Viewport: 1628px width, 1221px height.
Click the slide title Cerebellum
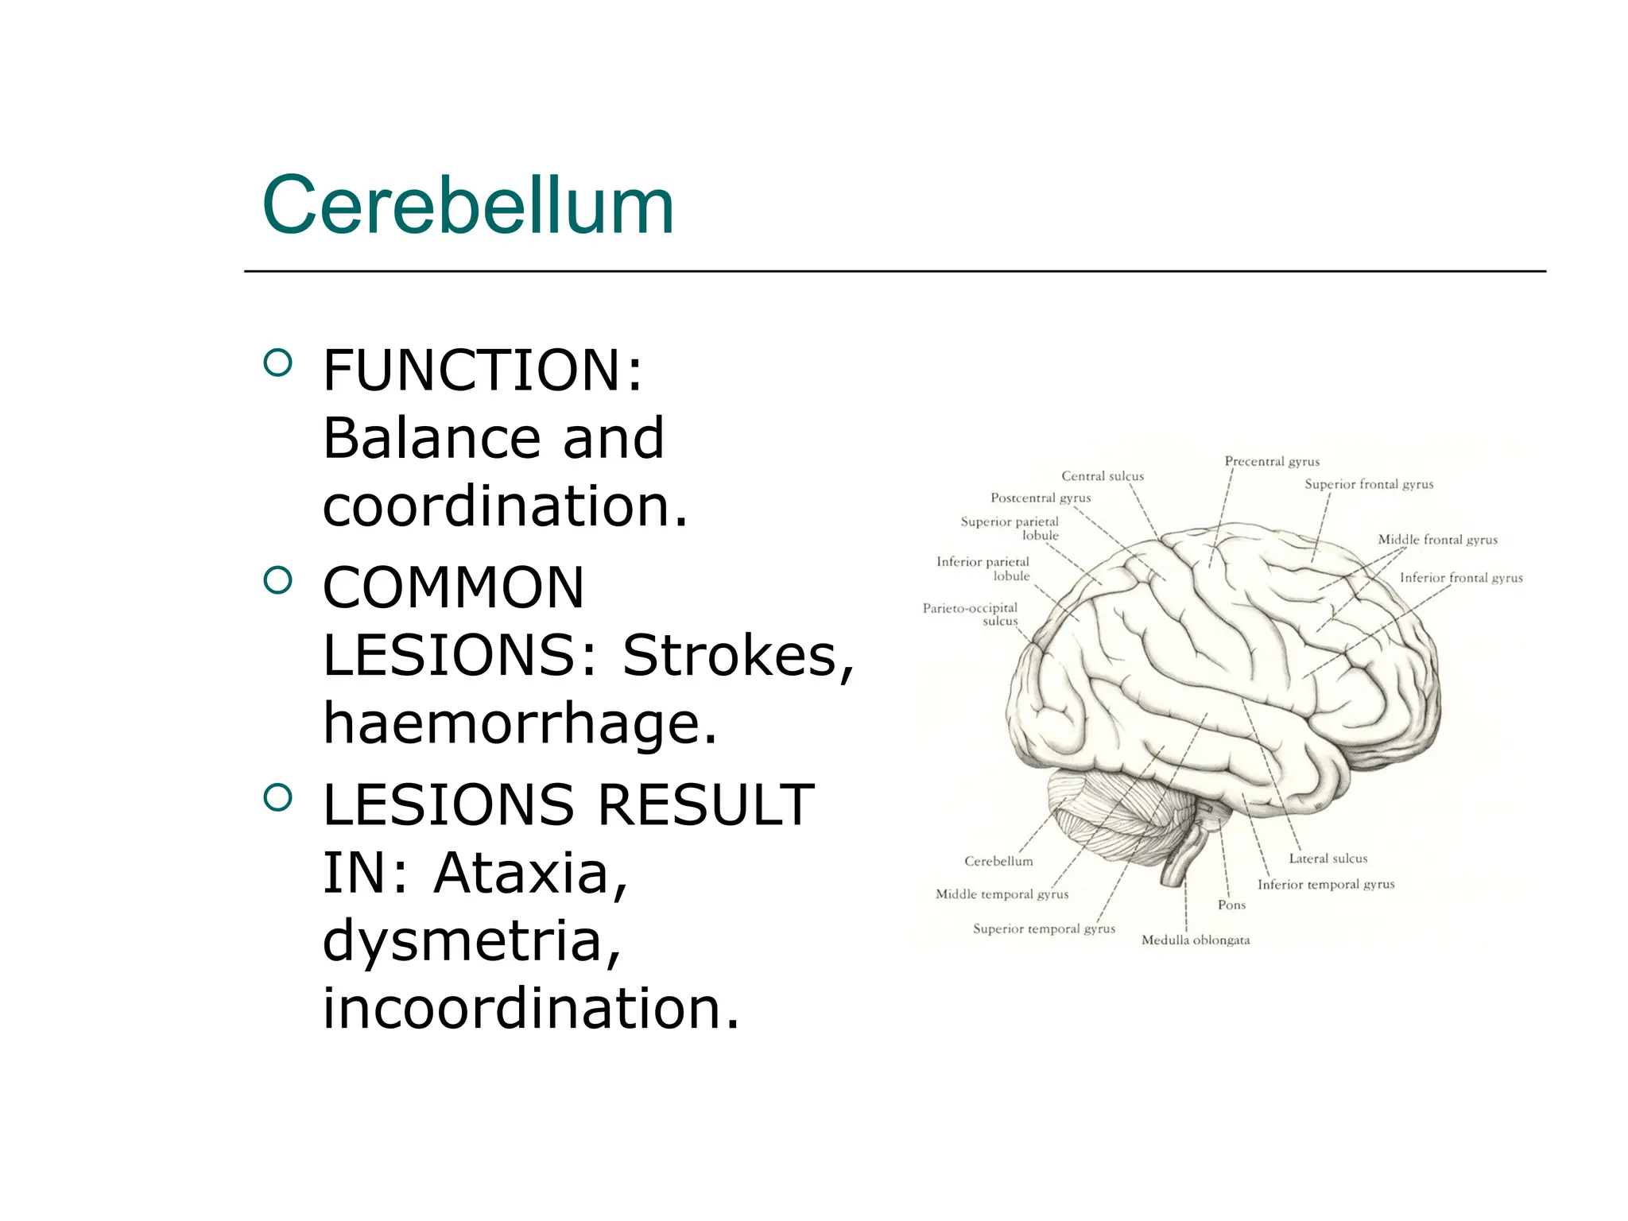(468, 206)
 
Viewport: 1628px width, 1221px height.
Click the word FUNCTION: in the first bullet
(483, 370)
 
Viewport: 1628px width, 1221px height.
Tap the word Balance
(430, 438)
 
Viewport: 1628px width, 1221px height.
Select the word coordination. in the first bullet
(505, 506)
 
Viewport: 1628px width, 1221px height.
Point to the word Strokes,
(738, 656)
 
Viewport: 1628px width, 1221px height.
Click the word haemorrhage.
(520, 723)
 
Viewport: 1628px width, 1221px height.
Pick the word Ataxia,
(531, 873)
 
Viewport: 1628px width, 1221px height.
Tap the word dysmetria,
(471, 940)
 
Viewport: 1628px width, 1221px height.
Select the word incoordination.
(531, 1008)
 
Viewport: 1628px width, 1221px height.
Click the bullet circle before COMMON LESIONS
(277, 581)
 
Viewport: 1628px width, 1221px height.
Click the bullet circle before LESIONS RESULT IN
(277, 798)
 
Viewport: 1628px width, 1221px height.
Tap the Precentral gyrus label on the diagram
(1272, 462)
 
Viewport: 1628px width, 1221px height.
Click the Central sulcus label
(1103, 476)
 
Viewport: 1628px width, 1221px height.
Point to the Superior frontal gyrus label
(1369, 484)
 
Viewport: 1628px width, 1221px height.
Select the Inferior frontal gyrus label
(1461, 578)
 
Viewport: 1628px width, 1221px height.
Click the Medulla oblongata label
(1196, 940)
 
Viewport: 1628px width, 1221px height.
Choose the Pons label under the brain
(1231, 905)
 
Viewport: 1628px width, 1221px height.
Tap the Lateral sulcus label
(1328, 859)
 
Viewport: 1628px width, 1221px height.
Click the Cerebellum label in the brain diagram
(998, 861)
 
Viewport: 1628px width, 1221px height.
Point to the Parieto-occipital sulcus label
(971, 614)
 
